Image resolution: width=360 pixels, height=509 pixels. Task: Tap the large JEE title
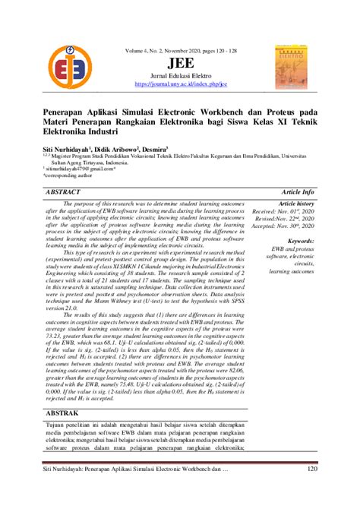(x=179, y=63)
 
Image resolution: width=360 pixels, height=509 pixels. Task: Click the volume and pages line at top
(x=179, y=51)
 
